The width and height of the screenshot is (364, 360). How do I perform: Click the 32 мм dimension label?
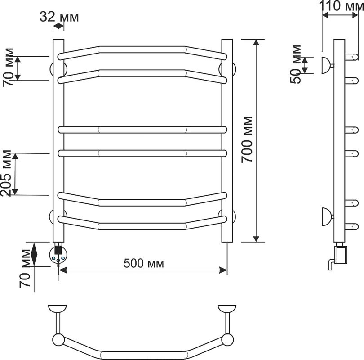(59, 17)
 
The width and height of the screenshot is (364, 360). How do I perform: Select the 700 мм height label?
(247, 139)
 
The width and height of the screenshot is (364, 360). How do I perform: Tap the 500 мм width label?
(144, 264)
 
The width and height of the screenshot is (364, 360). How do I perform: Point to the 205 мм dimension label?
(6, 173)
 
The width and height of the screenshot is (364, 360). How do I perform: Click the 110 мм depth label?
(341, 6)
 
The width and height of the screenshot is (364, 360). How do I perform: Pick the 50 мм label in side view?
(296, 64)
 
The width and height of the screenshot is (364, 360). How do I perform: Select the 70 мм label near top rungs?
(9, 67)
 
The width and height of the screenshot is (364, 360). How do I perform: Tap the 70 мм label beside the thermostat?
(25, 268)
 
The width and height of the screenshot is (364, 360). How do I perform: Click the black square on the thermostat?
(58, 251)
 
